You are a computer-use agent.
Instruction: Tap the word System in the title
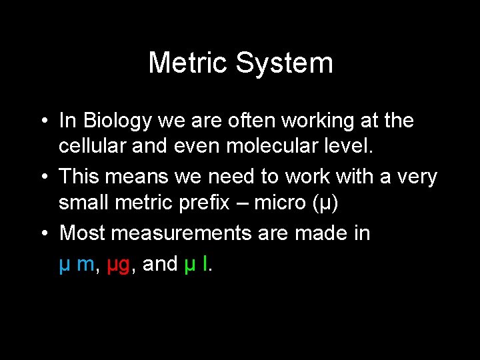point(284,63)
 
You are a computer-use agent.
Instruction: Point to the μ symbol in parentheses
point(323,203)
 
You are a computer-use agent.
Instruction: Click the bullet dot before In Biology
point(42,122)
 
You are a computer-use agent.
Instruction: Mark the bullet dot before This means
point(42,178)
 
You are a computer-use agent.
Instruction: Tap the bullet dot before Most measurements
point(42,234)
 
